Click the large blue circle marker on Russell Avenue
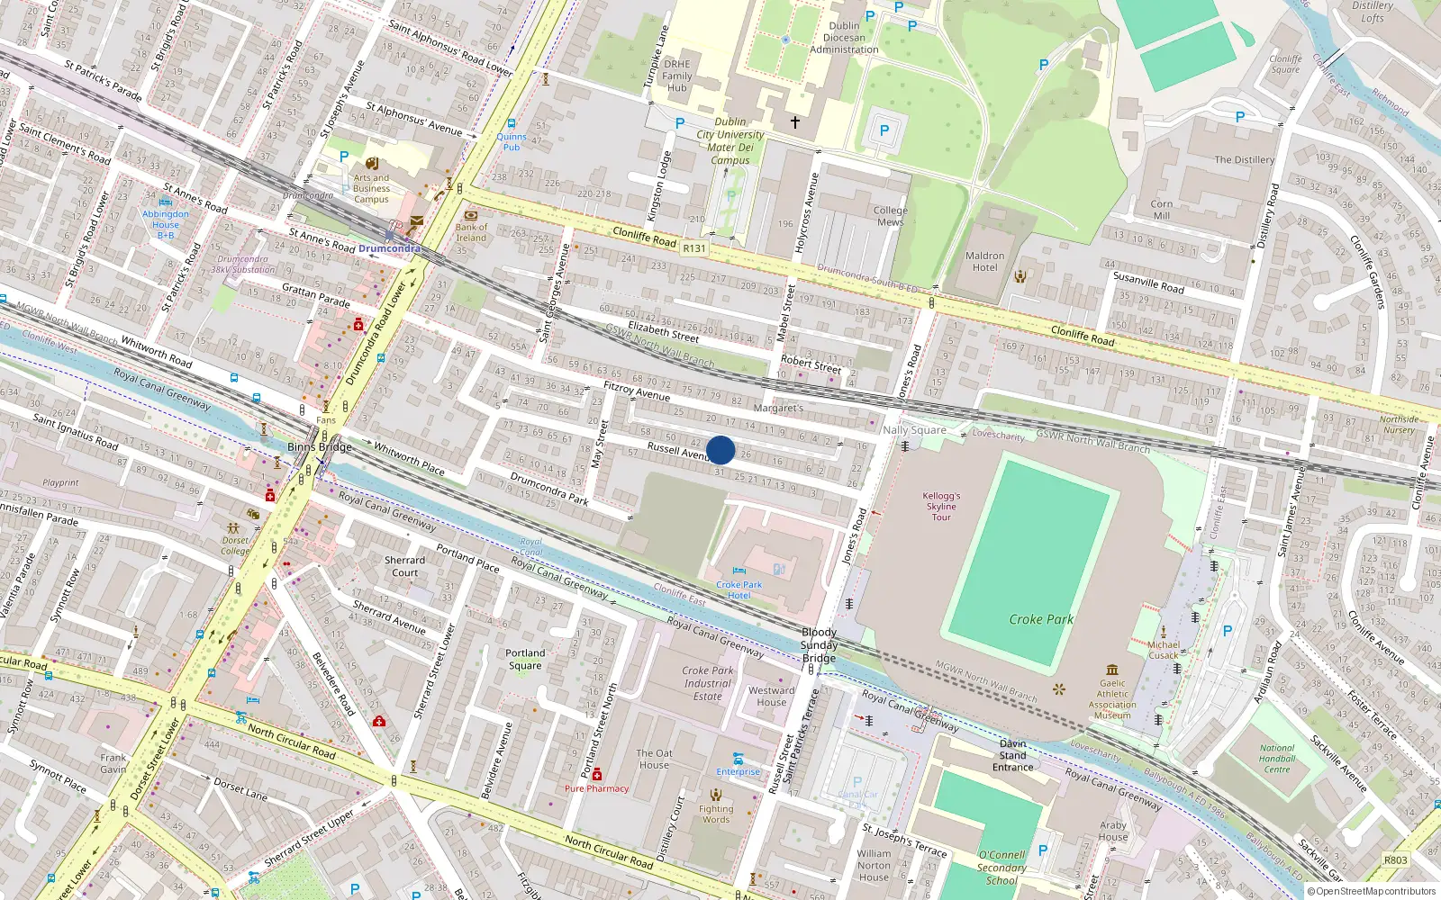pyautogui.click(x=720, y=450)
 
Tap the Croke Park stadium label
pyautogui.click(x=1041, y=619)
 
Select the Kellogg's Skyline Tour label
pyautogui.click(x=941, y=506)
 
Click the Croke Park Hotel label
pyautogui.click(x=739, y=589)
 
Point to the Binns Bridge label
pyautogui.click(x=320, y=446)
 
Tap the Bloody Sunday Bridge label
pyautogui.click(x=820, y=645)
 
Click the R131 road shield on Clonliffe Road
pyautogui.click(x=694, y=248)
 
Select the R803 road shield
pyautogui.click(x=1395, y=859)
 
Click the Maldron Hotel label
pyautogui.click(x=984, y=261)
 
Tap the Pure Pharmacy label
pyautogui.click(x=596, y=788)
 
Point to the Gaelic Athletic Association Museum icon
pyautogui.click(x=1112, y=670)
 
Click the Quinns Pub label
pyautogui.click(x=512, y=141)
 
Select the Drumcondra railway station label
pyautogui.click(x=389, y=248)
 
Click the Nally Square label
pyautogui.click(x=914, y=430)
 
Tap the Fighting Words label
pyautogui.click(x=716, y=814)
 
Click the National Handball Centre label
pyautogui.click(x=1277, y=759)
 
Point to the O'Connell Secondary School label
pyautogui.click(x=1001, y=868)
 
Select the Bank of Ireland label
pyautogui.click(x=471, y=232)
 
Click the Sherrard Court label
pyautogui.click(x=404, y=566)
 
